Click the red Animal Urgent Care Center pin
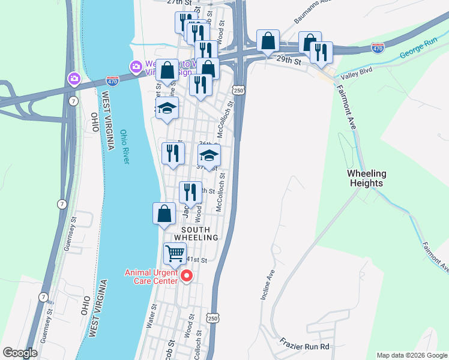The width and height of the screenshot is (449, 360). point(186,276)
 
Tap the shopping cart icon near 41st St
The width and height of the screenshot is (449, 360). point(175,253)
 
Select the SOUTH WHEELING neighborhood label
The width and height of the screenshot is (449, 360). point(196,233)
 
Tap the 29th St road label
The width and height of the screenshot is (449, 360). point(288,60)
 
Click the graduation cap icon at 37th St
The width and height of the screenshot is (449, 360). point(209,156)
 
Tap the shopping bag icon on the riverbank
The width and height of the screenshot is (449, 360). point(164,214)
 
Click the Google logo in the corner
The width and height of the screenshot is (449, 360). point(20,353)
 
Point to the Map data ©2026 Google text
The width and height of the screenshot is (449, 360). point(411,355)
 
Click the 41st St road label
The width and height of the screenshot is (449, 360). point(197,260)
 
